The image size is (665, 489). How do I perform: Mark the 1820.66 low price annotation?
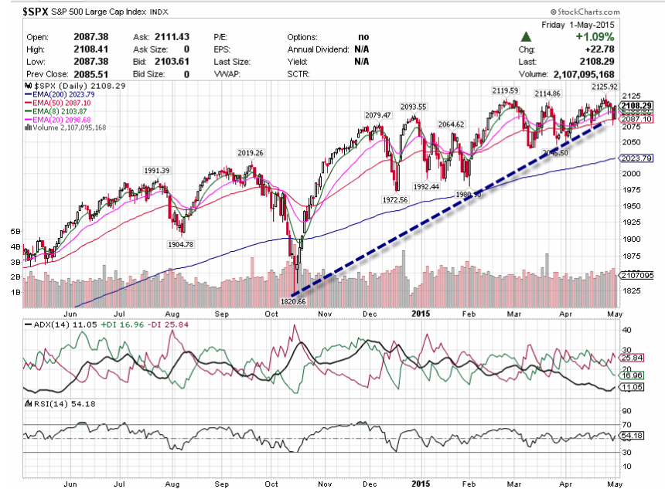click(x=293, y=301)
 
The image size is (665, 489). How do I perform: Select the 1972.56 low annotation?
click(x=395, y=199)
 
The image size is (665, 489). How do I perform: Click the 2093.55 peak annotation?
click(x=414, y=106)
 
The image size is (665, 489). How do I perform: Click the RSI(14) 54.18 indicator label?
click(x=49, y=403)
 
